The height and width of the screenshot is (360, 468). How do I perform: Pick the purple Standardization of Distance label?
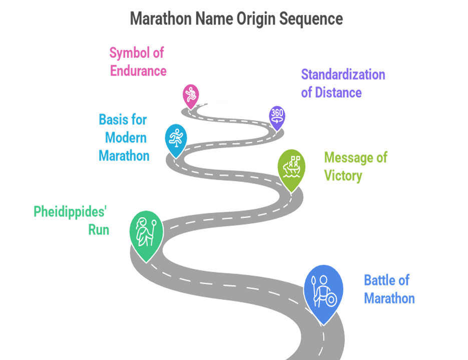(343, 83)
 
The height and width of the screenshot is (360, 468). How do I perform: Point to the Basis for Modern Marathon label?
(124, 138)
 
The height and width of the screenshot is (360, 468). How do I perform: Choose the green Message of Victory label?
(355, 166)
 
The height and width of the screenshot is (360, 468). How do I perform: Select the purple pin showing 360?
(277, 115)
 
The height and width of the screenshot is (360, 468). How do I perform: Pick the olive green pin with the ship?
(291, 167)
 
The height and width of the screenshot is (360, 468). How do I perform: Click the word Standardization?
(343, 74)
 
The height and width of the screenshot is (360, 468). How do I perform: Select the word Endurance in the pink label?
(138, 71)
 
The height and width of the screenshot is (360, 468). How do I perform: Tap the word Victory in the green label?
(343, 176)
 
